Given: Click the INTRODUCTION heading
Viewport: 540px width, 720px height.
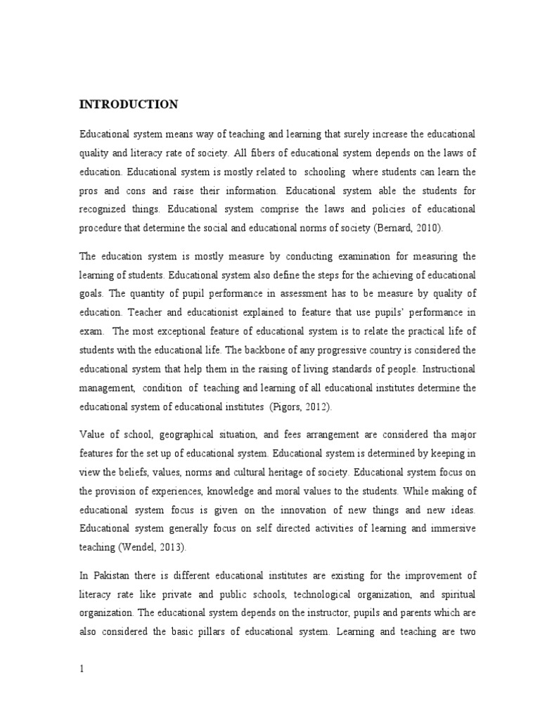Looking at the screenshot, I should [x=128, y=105].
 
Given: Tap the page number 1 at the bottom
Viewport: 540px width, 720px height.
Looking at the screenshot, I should [x=82, y=650].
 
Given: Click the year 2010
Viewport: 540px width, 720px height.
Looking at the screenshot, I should [x=431, y=229].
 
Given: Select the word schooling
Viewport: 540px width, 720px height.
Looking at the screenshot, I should [x=326, y=172].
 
